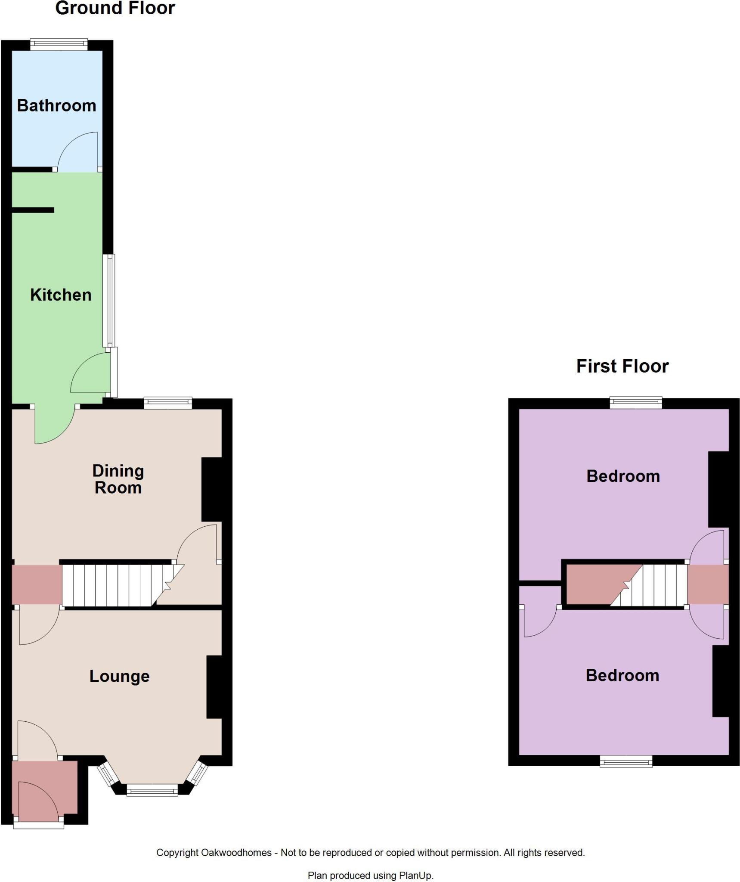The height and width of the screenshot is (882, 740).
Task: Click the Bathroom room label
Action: pos(56,106)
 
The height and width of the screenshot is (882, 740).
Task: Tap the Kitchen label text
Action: pos(61,295)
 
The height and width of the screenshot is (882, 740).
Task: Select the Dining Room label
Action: pos(118,479)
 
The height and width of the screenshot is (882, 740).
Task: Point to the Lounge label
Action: pos(119,676)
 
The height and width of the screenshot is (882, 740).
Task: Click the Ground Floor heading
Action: pos(115,9)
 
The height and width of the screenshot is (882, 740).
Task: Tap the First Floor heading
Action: pos(622,366)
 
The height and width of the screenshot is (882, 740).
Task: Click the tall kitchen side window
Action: pos(110,300)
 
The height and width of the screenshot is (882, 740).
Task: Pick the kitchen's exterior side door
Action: pos(113,373)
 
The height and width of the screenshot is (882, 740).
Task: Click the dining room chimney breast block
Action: pos(212,489)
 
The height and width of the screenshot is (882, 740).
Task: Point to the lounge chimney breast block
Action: pos(214,686)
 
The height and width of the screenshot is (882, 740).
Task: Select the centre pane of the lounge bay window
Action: pos(152,790)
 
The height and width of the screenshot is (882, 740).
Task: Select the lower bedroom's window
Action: pos(626,762)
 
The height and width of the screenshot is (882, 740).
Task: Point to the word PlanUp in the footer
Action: pos(415,876)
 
